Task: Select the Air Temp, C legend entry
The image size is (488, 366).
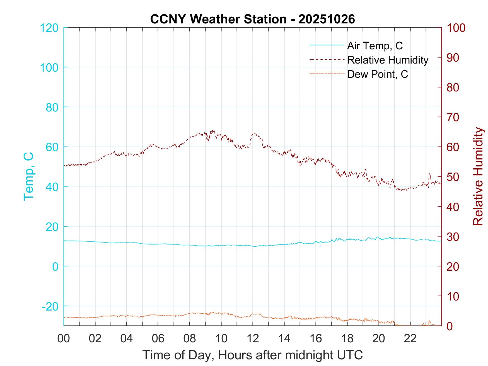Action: (375, 45)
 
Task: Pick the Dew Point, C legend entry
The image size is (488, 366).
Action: (377, 74)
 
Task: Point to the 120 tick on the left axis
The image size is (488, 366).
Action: (49, 28)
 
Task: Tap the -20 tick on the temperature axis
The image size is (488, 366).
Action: (50, 306)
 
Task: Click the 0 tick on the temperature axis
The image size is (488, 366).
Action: (55, 266)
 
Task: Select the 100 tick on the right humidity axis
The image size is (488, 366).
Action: (456, 28)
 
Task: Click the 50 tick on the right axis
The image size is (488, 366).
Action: (453, 177)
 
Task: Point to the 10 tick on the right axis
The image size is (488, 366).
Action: (453, 296)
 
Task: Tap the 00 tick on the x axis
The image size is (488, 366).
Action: (64, 338)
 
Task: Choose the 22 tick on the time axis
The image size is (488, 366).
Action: (410, 338)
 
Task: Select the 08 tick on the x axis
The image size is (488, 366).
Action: (190, 338)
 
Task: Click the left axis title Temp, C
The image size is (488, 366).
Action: (29, 176)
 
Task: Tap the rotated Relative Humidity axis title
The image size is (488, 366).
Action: (478, 176)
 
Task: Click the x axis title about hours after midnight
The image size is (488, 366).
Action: (253, 355)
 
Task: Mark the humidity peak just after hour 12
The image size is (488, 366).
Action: (254, 134)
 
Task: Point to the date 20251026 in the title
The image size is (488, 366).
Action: (327, 19)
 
